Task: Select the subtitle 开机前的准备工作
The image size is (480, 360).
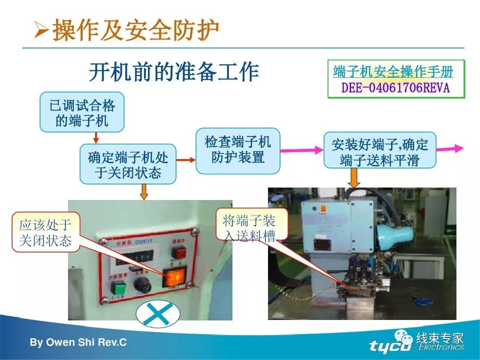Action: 174,72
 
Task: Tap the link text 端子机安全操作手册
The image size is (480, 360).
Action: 393,72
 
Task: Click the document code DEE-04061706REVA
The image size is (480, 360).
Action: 396,88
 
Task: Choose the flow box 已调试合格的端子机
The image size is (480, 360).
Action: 82,112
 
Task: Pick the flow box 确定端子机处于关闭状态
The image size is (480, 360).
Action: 128,164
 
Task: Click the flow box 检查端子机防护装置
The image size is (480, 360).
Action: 238,150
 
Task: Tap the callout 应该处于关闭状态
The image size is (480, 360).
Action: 45,233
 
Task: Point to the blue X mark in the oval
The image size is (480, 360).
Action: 158,314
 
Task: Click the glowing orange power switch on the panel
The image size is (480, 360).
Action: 174,278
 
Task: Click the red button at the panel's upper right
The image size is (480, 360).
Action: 178,252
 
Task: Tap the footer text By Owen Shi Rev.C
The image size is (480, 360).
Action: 78,343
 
